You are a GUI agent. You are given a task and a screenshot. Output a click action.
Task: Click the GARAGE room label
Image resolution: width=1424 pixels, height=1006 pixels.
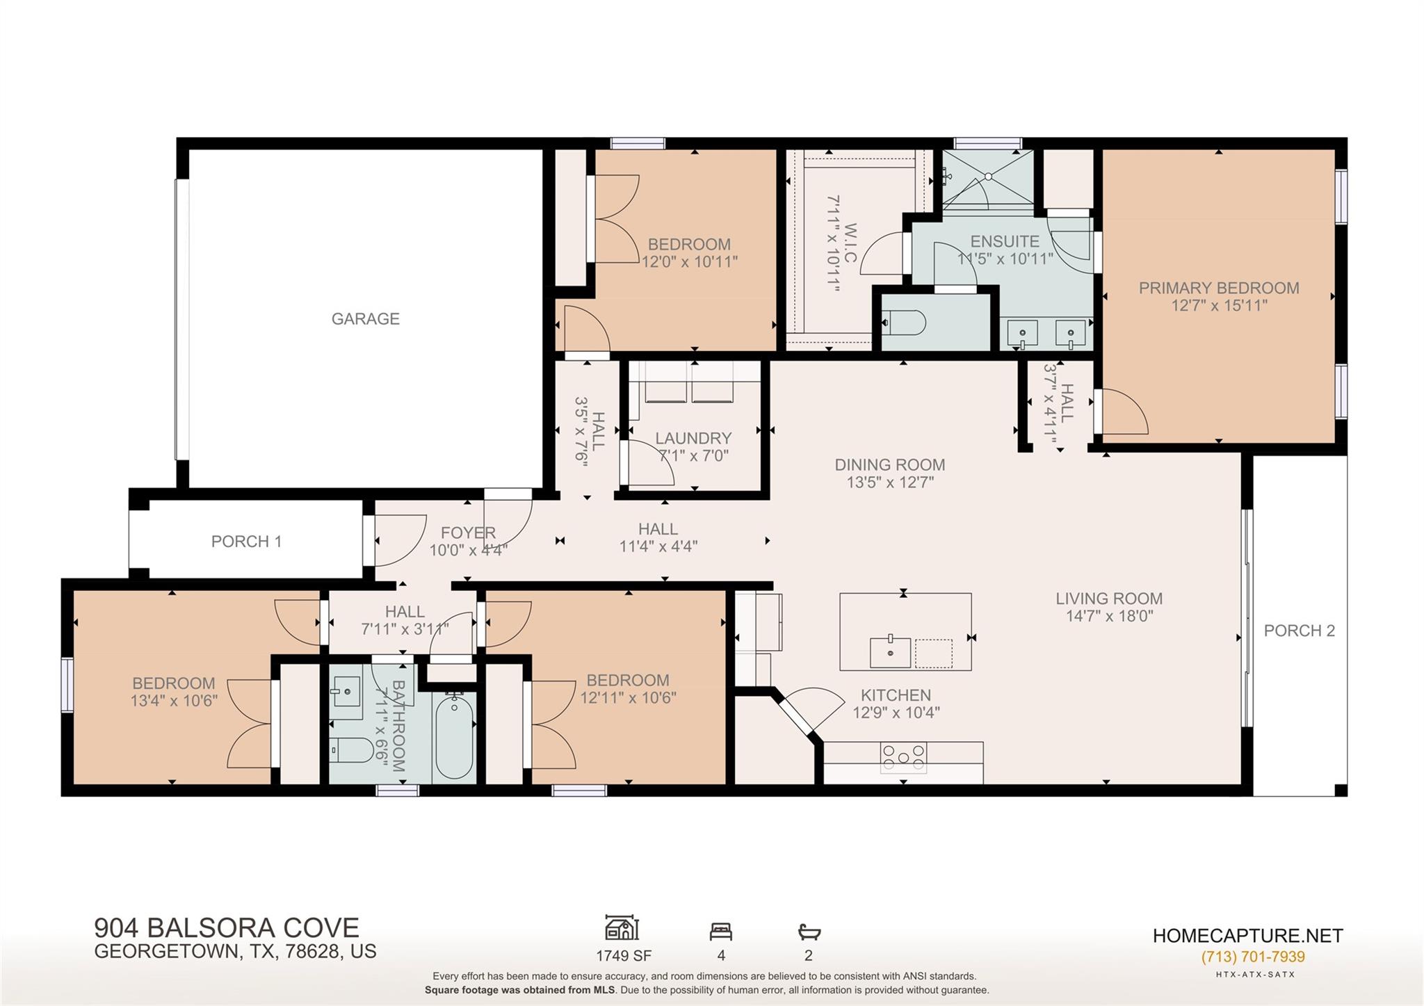(x=365, y=319)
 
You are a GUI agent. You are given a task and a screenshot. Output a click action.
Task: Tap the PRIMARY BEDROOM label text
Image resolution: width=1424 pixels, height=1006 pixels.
(x=1218, y=288)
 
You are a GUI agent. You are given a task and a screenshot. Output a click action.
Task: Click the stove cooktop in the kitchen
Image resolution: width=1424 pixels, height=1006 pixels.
(x=903, y=758)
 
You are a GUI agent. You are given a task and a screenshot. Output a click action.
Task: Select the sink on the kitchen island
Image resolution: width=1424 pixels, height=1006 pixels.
(x=890, y=652)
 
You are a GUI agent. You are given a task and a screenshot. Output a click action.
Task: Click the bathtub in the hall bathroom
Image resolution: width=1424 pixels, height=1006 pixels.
(x=454, y=737)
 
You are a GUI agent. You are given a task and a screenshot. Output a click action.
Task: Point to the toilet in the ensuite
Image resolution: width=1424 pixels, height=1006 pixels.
(x=904, y=323)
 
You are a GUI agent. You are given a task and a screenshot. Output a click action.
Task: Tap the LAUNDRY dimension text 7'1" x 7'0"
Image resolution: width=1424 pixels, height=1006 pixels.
(x=693, y=456)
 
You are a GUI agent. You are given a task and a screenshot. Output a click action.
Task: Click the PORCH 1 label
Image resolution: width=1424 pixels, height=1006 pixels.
(x=246, y=542)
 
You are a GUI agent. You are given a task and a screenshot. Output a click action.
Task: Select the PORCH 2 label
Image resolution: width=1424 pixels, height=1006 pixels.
(x=1299, y=631)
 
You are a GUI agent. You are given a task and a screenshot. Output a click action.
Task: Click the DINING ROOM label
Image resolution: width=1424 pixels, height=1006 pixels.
(x=889, y=464)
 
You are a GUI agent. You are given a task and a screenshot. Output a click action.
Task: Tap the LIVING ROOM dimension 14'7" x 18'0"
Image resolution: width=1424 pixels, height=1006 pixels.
(x=1109, y=616)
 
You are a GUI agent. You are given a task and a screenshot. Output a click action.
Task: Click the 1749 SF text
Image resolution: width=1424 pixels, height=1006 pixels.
(x=623, y=956)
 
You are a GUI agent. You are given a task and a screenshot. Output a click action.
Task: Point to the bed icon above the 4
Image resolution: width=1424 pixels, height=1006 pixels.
(x=720, y=932)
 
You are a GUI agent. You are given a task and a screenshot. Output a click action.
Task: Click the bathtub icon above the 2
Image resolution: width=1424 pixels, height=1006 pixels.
(x=809, y=932)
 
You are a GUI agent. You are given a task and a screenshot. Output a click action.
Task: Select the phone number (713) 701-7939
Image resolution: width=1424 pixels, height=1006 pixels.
(x=1252, y=957)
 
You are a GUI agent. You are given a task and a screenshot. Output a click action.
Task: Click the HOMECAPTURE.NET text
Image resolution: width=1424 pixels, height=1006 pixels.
(x=1247, y=936)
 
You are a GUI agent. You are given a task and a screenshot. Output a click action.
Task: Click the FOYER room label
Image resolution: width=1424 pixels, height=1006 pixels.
(x=468, y=533)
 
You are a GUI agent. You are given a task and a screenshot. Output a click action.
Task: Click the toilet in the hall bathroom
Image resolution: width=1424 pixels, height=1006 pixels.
(x=351, y=750)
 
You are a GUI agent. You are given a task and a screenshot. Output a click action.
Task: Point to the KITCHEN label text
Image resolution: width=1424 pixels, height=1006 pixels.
(x=895, y=695)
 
